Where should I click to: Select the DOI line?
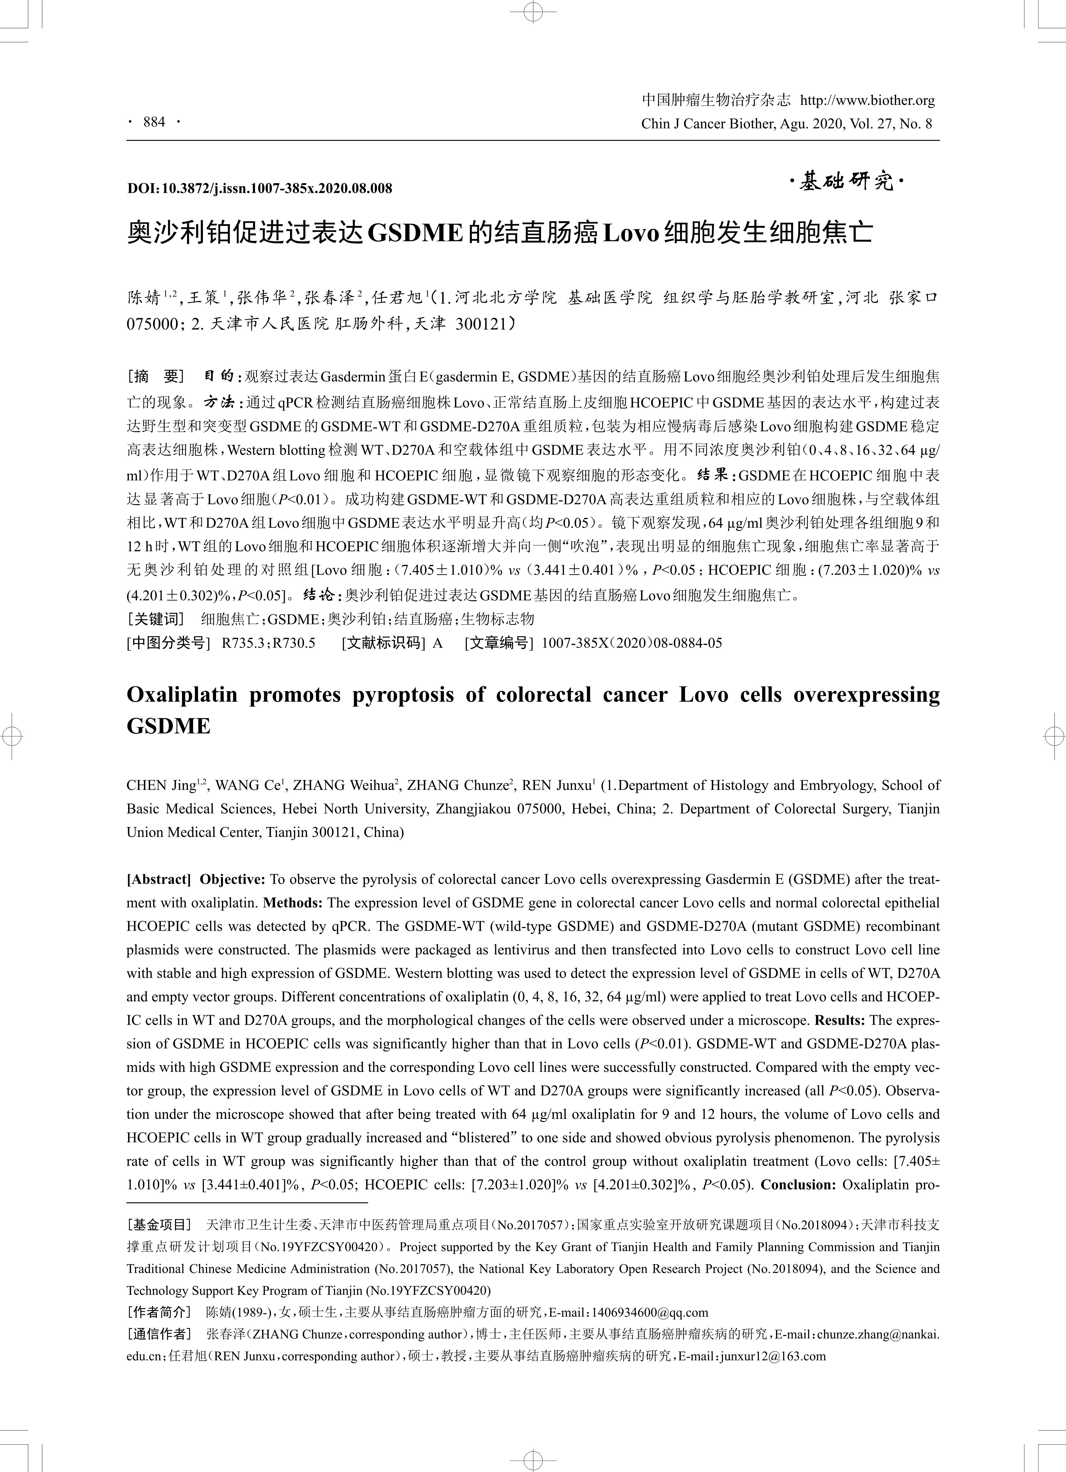(x=260, y=188)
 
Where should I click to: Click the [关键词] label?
(x=156, y=618)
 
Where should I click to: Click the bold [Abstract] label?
(x=159, y=879)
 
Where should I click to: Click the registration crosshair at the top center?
(x=533, y=11)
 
